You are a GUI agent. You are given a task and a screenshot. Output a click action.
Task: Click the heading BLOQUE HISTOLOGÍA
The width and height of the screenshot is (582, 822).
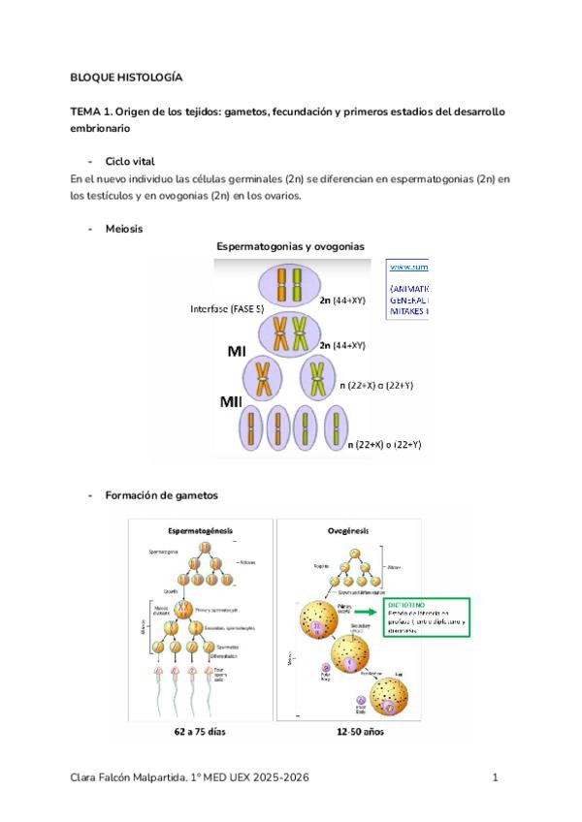(x=126, y=77)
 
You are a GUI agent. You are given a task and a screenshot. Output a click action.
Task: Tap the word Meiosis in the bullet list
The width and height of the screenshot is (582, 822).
(x=124, y=230)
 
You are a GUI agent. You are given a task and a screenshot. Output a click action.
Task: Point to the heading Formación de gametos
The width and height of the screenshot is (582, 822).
(x=161, y=495)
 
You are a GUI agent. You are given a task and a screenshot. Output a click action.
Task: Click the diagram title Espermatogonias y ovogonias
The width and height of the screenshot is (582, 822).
(x=290, y=247)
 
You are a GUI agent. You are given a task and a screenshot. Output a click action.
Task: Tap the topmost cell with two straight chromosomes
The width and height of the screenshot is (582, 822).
(x=288, y=288)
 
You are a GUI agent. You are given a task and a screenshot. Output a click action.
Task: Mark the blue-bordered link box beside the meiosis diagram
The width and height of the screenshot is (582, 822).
(x=407, y=288)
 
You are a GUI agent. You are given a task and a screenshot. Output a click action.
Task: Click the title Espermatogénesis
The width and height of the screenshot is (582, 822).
(x=206, y=531)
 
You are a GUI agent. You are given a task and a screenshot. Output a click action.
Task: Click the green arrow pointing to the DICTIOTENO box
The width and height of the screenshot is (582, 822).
(x=364, y=612)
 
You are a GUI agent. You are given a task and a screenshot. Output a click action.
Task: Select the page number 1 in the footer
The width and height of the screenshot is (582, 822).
(x=495, y=777)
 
